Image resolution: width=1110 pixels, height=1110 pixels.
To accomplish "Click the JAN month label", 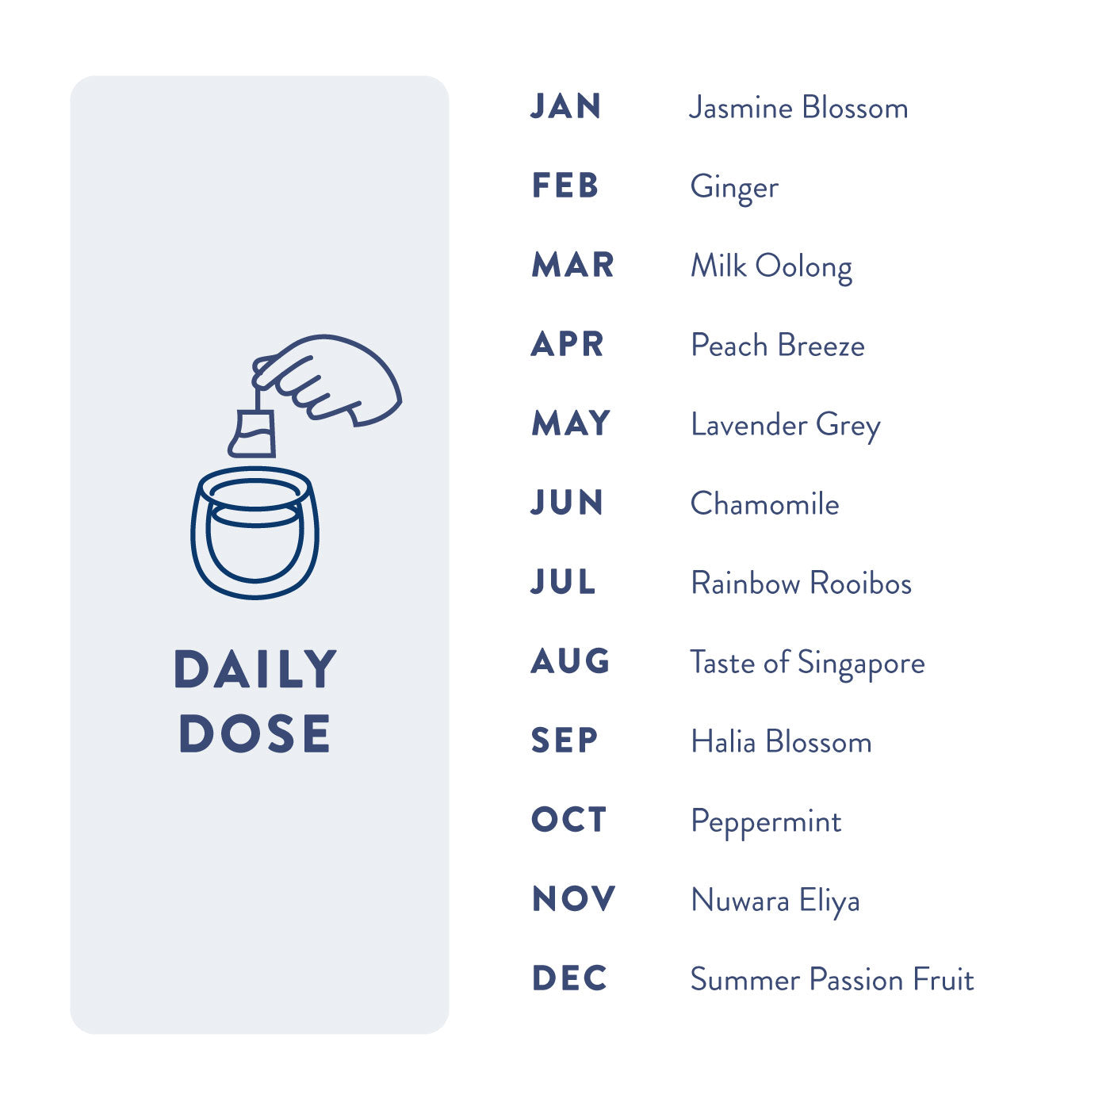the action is pyautogui.click(x=565, y=106).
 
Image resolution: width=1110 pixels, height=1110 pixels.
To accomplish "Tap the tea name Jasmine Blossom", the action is pyautogui.click(x=798, y=108).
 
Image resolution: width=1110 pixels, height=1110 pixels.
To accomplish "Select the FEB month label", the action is pyautogui.click(x=565, y=186).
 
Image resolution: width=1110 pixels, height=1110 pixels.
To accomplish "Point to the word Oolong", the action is pyautogui.click(x=803, y=268).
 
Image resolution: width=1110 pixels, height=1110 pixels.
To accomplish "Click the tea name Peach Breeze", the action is pyautogui.click(x=778, y=345).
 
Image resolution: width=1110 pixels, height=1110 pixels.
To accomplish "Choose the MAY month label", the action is pyautogui.click(x=571, y=423).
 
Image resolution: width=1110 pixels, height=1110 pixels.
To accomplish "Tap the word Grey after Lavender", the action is pyautogui.click(x=848, y=427).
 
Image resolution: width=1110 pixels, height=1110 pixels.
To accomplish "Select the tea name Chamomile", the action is pyautogui.click(x=764, y=503).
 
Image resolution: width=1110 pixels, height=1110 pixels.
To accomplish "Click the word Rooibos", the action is pyautogui.click(x=860, y=583).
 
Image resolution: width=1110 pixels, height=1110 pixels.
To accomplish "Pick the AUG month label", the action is pyautogui.click(x=570, y=660).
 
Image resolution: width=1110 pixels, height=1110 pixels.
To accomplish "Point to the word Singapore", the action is pyautogui.click(x=861, y=664).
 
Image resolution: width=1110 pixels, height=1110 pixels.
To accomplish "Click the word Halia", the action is pyautogui.click(x=723, y=741).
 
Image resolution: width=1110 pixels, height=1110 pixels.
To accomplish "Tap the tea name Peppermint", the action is pyautogui.click(x=766, y=822).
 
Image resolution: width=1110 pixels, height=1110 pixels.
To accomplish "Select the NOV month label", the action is pyautogui.click(x=574, y=898).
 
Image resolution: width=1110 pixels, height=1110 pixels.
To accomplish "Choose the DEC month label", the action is pyautogui.click(x=570, y=978).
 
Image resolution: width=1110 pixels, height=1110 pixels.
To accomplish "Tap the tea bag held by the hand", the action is pyautogui.click(x=251, y=433).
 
